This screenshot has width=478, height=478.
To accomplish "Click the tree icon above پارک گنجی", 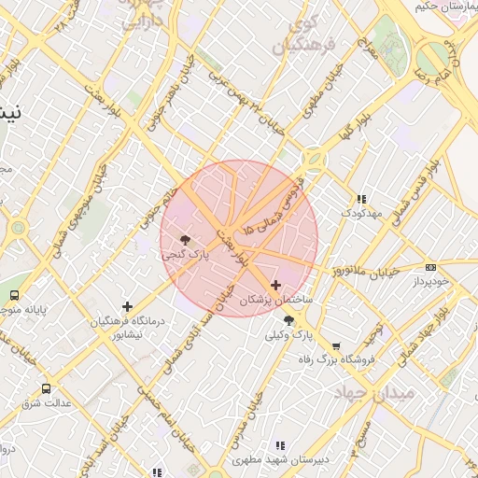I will point(186,240).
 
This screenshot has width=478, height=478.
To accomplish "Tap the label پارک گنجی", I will point(186,254).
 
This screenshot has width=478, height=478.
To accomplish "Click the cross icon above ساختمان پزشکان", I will point(275,285).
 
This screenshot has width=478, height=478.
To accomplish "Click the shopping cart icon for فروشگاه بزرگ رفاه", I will point(336,345).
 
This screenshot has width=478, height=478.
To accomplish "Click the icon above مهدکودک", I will point(361,199).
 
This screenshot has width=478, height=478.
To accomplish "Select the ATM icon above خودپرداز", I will point(430,267).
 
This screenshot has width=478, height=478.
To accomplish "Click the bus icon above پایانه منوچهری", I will point(14,295).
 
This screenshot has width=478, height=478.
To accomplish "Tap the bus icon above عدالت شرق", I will point(46,388).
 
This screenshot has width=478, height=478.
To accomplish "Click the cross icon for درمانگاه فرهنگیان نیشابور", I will point(127,306).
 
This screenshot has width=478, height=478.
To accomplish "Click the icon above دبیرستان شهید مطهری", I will point(279,445).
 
